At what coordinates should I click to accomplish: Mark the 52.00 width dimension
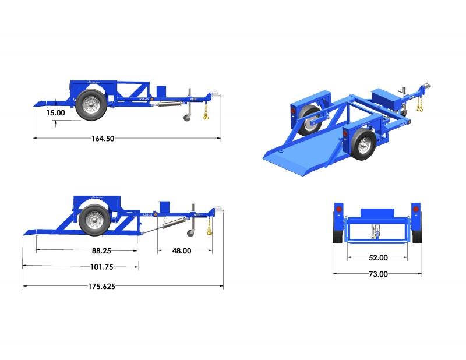(x=377, y=257)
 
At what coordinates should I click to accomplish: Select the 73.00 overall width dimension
(x=377, y=274)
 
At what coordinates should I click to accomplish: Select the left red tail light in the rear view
(x=338, y=210)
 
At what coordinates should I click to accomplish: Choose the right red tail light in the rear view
(x=415, y=210)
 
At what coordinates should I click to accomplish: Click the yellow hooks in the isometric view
(x=419, y=105)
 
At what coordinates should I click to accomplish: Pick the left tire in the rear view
(x=337, y=230)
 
